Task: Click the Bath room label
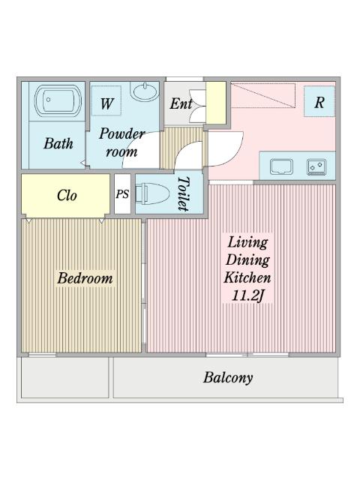(58, 142)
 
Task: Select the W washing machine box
(107, 104)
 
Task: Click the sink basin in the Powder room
(144, 93)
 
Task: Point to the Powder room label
(121, 142)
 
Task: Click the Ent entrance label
(181, 104)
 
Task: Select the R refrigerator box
(319, 103)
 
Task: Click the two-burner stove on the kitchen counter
(316, 166)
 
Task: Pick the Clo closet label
(67, 195)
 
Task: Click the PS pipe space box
(122, 194)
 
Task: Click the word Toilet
(182, 194)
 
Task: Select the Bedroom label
(85, 278)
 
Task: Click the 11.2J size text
(248, 295)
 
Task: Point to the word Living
(247, 242)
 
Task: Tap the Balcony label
(227, 377)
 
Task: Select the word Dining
(247, 259)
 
